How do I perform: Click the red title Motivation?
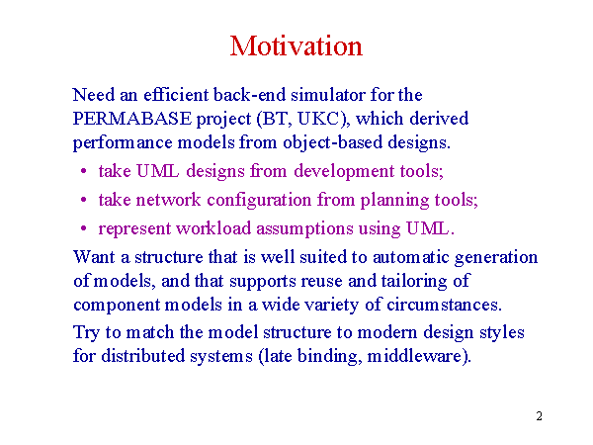coord(296,46)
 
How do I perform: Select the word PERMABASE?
coord(132,119)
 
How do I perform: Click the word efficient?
coord(176,95)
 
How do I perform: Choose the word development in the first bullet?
coord(344,171)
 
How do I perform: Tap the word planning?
coord(394,200)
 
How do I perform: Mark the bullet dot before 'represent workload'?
coord(84,228)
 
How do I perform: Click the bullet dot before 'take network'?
coord(84,200)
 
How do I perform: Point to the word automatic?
coord(411,257)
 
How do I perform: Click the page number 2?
coord(539,416)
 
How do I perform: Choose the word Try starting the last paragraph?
coord(86,333)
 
